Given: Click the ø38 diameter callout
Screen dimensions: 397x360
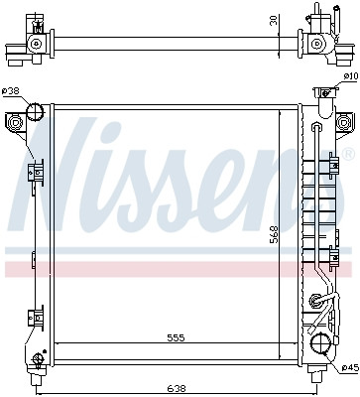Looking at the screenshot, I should coord(11,92).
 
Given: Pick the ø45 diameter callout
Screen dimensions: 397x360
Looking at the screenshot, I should coord(349,369).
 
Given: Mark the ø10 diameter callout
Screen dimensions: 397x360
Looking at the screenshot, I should coord(349,76).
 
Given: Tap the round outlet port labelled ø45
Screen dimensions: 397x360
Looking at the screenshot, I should coord(320,344).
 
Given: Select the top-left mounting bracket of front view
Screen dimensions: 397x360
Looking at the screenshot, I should coord(17,123).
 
